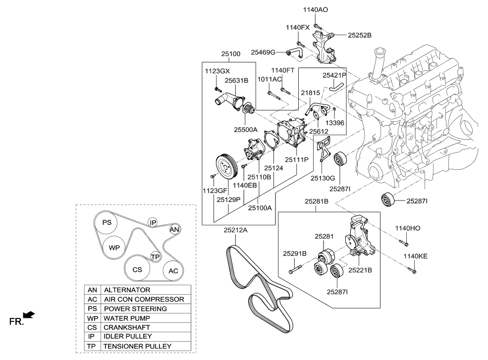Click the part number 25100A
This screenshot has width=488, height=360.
[x=260, y=208]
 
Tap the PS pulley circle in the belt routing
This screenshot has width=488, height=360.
[x=107, y=222]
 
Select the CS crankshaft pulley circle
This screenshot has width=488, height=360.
[x=137, y=269]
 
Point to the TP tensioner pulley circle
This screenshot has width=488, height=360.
[x=155, y=257]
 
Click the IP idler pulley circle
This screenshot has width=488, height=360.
[x=153, y=222]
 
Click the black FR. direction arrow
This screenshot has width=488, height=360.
[x=29, y=315]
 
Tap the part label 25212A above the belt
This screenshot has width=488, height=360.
[x=235, y=230]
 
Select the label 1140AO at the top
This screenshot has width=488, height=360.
[x=315, y=9]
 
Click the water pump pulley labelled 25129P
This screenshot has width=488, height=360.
[x=226, y=165]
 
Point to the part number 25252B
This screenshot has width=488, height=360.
[x=360, y=35]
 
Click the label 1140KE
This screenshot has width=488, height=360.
[x=415, y=257]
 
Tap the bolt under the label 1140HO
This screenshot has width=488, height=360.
[x=403, y=242]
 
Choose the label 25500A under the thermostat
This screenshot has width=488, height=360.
[x=246, y=130]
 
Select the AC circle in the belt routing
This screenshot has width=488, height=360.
[x=173, y=271]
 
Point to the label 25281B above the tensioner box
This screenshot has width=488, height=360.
[x=317, y=202]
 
